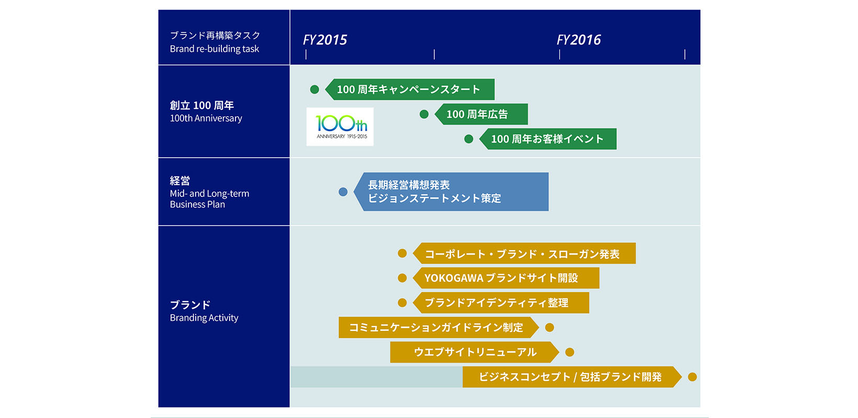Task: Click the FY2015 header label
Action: point(325,40)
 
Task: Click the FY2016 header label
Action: point(579,40)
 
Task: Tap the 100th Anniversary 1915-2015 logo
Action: point(340,126)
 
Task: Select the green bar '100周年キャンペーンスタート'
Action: point(410,89)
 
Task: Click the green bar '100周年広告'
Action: point(481,114)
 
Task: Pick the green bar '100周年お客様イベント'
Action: point(548,139)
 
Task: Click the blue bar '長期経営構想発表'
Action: point(451,192)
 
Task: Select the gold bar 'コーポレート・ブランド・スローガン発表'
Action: point(524,253)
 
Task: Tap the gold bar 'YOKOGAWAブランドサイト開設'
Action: point(506,278)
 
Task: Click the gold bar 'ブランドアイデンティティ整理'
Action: point(501,303)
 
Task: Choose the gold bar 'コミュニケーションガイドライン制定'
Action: point(439,328)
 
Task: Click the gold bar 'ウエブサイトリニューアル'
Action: point(475,352)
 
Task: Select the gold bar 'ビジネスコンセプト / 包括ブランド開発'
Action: point(572,377)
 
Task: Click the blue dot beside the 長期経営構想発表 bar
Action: point(343,192)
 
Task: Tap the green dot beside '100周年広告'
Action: point(424,114)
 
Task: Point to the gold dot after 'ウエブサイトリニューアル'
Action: point(570,352)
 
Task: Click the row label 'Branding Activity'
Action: point(204,318)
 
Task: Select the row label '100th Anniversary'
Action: point(206,118)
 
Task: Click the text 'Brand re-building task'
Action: point(214,49)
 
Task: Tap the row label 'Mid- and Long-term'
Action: point(209,193)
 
